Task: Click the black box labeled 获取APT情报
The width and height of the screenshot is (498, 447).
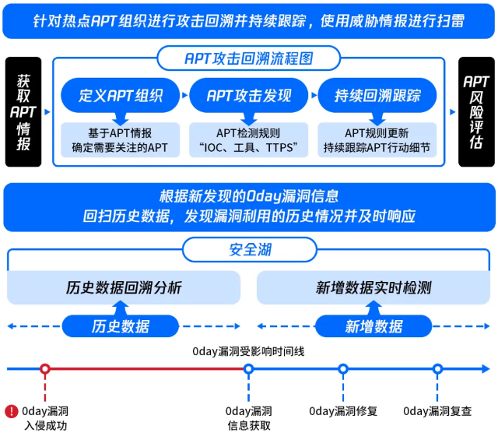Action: (23, 111)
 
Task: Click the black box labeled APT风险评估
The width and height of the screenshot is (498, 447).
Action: (476, 111)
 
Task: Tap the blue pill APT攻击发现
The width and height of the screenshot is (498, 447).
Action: (249, 96)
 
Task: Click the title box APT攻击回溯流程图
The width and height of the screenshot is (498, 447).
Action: (249, 58)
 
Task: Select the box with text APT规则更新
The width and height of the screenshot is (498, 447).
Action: (377, 133)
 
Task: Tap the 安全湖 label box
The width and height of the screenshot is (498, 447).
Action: (250, 250)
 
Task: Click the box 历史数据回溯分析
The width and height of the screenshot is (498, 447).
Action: (124, 287)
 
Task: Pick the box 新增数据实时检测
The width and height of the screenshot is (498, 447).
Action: (373, 287)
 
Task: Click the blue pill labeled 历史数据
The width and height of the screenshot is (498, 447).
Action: (121, 326)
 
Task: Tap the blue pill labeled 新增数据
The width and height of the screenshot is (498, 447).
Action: (373, 326)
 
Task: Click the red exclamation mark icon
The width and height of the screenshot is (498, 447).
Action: (11, 410)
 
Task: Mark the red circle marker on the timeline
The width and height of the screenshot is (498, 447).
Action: (45, 369)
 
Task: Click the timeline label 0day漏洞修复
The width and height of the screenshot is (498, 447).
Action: (343, 411)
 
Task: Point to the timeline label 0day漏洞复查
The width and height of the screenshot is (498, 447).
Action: (437, 411)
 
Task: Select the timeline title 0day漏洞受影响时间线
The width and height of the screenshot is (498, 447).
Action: (249, 351)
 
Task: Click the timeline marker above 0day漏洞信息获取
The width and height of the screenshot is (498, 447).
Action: (249, 369)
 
